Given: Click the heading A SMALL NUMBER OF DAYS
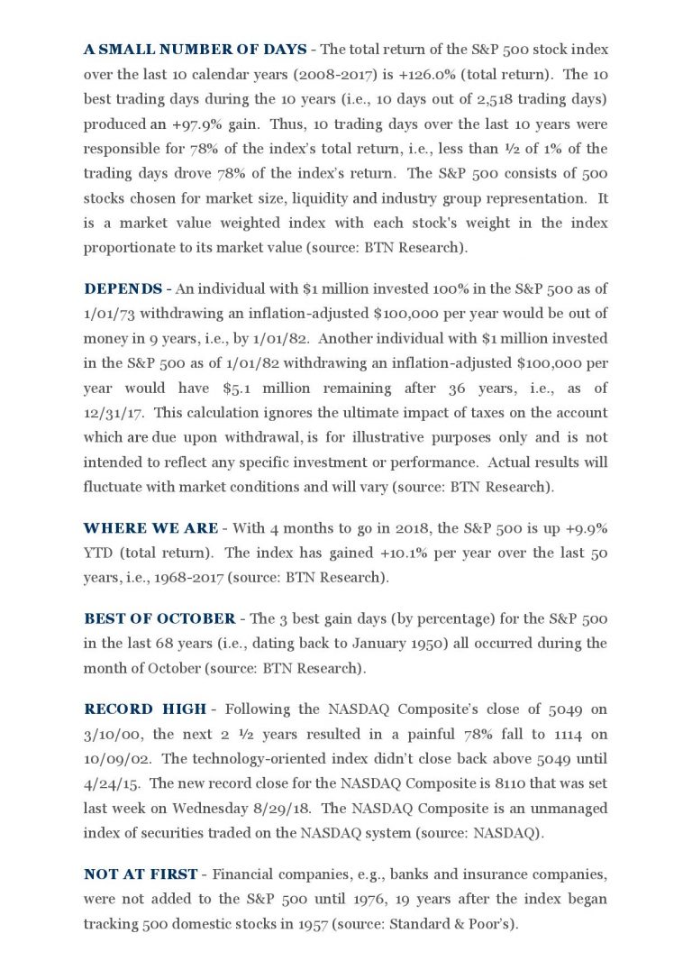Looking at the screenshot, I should [x=195, y=49].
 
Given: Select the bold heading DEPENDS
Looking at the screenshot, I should [x=123, y=288].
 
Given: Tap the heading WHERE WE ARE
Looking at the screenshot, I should [x=150, y=527].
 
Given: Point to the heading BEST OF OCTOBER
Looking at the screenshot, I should [x=159, y=618].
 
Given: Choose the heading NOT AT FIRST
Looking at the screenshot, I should [x=141, y=874].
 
